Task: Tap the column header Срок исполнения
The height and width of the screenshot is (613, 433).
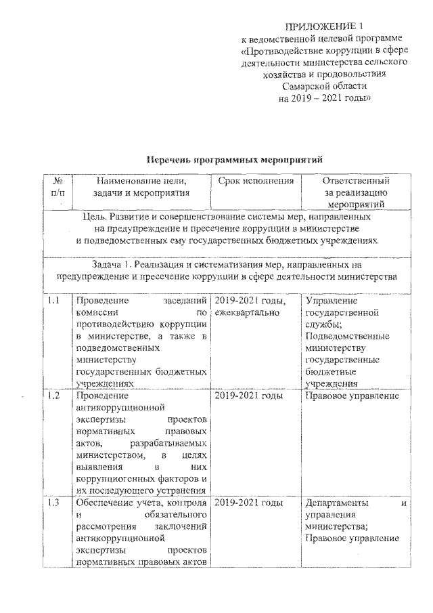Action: click(x=256, y=181)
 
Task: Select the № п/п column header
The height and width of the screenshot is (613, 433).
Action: click(x=58, y=187)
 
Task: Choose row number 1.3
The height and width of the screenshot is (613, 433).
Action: click(x=54, y=503)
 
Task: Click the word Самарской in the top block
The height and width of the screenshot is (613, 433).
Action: click(x=303, y=86)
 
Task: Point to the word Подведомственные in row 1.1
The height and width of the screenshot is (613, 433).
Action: click(x=346, y=336)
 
